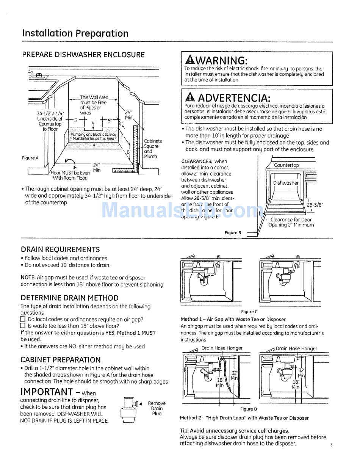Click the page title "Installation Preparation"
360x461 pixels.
[75, 33]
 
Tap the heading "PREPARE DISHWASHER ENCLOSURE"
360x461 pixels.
[83, 55]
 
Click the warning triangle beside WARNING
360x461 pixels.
[189, 60]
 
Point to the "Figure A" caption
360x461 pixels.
[30, 158]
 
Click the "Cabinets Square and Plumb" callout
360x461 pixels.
[153, 149]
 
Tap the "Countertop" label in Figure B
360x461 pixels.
[286, 165]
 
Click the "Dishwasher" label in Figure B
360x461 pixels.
[286, 183]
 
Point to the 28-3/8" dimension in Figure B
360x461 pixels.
[315, 204]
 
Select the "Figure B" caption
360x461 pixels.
[233, 233]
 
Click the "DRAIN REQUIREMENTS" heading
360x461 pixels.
[60, 249]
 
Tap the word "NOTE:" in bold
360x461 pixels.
[28, 278]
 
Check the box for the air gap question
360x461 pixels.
[23, 319]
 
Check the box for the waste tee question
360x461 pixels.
[23, 326]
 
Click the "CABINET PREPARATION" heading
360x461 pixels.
[61, 360]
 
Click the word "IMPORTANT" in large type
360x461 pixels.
[46, 392]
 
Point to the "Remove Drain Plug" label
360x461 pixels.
[157, 408]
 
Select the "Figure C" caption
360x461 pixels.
[249, 312]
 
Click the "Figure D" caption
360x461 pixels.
[249, 409]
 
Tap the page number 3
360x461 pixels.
[331, 445]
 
